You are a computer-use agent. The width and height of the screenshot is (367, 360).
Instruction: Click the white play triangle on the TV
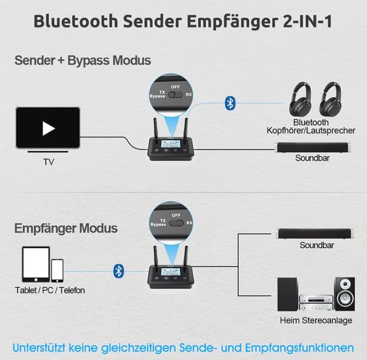49,129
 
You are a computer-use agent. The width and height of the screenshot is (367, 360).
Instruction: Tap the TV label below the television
49,162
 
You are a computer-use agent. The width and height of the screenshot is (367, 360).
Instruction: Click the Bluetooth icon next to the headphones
230,103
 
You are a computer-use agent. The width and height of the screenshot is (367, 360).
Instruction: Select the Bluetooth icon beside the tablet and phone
119,271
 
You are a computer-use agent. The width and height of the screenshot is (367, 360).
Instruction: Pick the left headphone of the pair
300,99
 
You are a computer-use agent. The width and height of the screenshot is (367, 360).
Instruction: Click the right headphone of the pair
330,99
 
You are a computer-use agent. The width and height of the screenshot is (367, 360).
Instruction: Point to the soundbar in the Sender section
314,147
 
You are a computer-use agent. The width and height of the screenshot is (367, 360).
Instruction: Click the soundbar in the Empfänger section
314,234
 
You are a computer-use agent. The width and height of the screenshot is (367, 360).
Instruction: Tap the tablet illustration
36,264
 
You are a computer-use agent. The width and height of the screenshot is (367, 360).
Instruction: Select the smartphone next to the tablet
57,271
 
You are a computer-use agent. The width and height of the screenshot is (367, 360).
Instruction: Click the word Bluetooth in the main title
76,21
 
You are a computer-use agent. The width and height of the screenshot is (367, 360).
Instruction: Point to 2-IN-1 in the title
308,21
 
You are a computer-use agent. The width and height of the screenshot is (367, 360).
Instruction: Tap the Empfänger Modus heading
66,228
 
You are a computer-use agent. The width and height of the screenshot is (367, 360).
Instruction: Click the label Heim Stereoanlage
316,320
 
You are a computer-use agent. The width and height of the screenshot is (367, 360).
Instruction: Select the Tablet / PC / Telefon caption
50,290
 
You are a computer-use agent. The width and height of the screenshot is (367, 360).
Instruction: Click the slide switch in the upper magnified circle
175,95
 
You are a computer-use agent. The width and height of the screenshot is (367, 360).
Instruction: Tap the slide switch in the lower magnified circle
176,223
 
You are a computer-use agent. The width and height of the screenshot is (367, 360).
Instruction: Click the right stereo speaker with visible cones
344,294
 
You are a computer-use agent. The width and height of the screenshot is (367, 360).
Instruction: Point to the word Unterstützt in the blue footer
39,347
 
